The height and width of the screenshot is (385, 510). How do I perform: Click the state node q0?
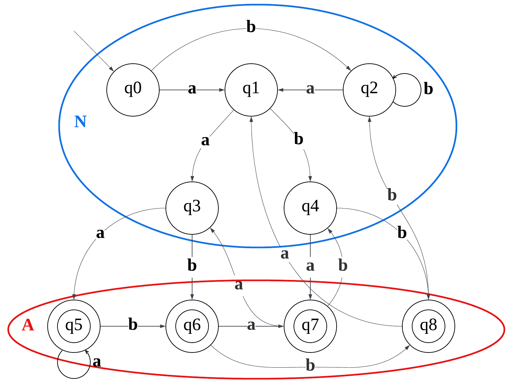[133, 90]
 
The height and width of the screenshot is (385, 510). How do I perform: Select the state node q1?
[251, 90]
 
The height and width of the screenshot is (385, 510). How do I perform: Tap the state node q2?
[369, 90]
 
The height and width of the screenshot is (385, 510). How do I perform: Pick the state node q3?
[192, 208]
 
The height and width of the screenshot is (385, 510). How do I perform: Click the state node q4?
[310, 208]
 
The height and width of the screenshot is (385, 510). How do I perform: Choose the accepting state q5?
[74, 326]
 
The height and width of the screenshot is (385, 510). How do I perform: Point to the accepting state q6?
[192, 326]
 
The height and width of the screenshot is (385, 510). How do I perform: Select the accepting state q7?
[310, 326]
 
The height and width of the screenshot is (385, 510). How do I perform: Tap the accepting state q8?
[429, 326]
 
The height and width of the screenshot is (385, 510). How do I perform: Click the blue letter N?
[80, 122]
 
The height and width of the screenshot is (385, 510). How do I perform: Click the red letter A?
[28, 325]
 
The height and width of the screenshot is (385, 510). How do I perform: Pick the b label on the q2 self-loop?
[428, 89]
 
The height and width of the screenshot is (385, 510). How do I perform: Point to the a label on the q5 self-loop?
[97, 362]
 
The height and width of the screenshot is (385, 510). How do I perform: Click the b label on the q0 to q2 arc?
[251, 27]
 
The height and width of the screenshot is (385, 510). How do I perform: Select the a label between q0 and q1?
[192, 89]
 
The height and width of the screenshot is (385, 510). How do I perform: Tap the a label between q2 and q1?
[310, 89]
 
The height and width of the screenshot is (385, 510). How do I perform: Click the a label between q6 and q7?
[251, 325]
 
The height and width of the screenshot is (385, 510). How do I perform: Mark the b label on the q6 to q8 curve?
[310, 365]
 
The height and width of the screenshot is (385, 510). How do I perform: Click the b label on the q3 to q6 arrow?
[192, 265]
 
